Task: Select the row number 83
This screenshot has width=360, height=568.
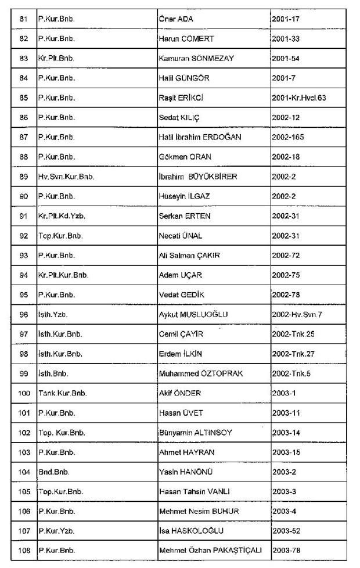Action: (24, 59)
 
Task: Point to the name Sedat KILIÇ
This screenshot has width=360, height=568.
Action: (179, 117)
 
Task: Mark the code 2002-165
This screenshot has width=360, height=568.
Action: (287, 137)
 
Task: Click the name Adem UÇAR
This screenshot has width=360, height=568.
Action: (180, 275)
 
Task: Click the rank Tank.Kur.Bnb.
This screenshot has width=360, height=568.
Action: (62, 393)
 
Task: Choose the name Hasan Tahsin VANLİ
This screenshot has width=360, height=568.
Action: (195, 491)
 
